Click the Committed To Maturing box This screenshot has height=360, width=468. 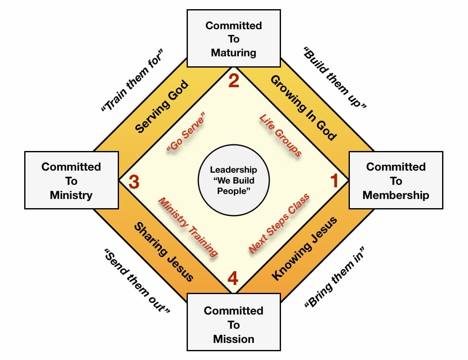point(234,38)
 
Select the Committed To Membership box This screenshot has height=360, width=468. point(396,180)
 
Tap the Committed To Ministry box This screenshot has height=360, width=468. point(72,180)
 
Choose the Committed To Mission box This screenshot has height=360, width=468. point(234,322)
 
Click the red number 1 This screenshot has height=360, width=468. point(334,181)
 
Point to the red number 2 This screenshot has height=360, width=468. point(234,81)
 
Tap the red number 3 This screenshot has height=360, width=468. point(134,182)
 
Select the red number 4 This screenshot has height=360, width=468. point(233,278)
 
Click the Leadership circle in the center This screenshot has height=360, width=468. point(234,180)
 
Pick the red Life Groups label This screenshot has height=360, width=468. point(281,135)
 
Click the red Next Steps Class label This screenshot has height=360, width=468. point(279,224)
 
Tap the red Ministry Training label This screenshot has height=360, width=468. point(188,227)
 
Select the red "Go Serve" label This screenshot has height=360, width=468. point(186,132)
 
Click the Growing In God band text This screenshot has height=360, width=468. point(304,108)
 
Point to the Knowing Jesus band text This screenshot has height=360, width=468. point(304,249)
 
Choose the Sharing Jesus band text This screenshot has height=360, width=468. point(164,252)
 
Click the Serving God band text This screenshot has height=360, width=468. point(162,106)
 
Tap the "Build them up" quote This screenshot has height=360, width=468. point(335,77)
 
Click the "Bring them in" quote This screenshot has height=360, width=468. point(334,277)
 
